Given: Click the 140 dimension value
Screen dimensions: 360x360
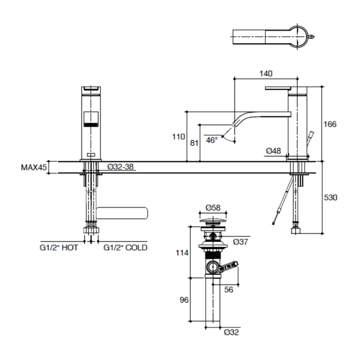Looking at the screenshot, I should tap(266, 73).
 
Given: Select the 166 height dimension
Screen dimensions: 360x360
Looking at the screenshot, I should tap(329, 124).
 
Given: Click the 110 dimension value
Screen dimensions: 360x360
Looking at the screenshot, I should tap(178, 137).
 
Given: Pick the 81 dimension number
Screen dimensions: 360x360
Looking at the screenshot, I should tap(194, 142).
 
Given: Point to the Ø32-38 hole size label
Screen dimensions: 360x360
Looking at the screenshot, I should tap(120, 168).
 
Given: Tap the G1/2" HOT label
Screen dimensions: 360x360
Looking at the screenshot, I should tap(59, 247).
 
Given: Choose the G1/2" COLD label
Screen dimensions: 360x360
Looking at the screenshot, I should tap(125, 247).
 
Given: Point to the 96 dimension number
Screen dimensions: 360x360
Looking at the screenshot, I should tap(184, 300).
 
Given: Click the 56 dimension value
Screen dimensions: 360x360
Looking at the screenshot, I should tap(229, 290).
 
